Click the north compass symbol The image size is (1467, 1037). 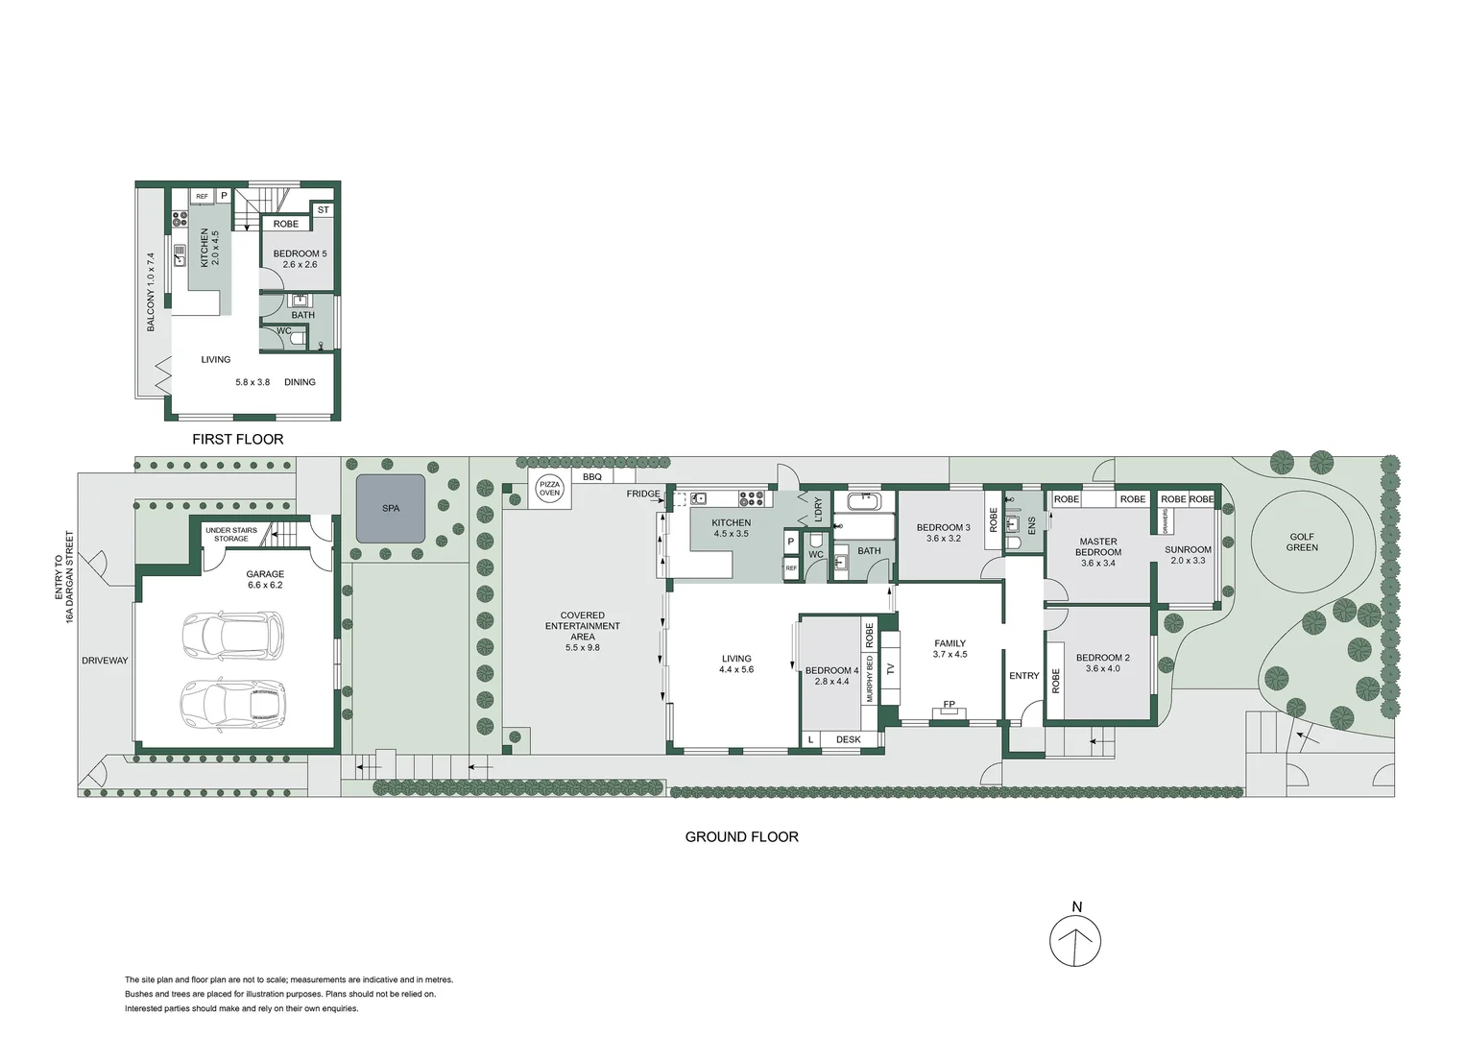[x=1075, y=940]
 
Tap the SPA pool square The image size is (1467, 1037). [x=390, y=508]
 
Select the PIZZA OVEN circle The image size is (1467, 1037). [x=549, y=488]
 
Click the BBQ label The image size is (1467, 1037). [x=592, y=477]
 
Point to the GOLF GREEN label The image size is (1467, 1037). [x=1302, y=543]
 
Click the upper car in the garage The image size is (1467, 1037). [x=233, y=636]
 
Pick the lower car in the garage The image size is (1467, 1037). [x=233, y=703]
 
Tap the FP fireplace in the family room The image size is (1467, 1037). [x=949, y=704]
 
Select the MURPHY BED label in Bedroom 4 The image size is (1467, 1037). [x=870, y=678]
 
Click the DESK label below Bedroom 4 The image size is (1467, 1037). [x=848, y=739]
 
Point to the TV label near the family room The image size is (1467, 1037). [x=889, y=668]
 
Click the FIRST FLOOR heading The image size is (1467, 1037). [x=237, y=439]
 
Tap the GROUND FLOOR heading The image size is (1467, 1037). [x=741, y=836]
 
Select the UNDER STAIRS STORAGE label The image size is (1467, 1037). [x=230, y=535]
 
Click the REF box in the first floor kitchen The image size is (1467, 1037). [x=202, y=197]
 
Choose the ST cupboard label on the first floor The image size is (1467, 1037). [x=323, y=209]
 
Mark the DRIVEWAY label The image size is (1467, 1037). [x=105, y=661]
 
